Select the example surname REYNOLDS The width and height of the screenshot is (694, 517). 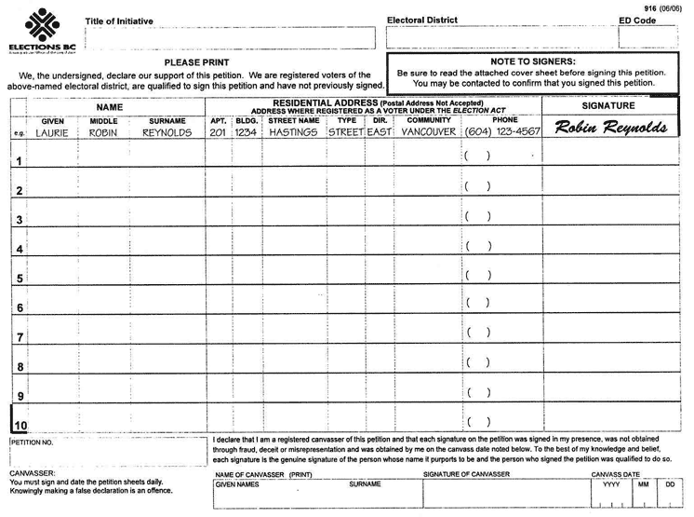pyautogui.click(x=167, y=132)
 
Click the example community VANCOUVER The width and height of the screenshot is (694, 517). pyautogui.click(x=429, y=132)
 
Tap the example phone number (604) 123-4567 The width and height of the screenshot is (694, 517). pyautogui.click(x=502, y=132)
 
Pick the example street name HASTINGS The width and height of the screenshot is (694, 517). pyautogui.click(x=294, y=132)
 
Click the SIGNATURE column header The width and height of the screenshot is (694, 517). pyautogui.click(x=608, y=106)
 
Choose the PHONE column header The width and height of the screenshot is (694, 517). pyautogui.click(x=505, y=120)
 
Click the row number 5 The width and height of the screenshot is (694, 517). pyautogui.click(x=20, y=279)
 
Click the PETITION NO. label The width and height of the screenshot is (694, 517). pyautogui.click(x=33, y=442)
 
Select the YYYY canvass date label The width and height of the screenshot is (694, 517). pyautogui.click(x=611, y=484)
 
